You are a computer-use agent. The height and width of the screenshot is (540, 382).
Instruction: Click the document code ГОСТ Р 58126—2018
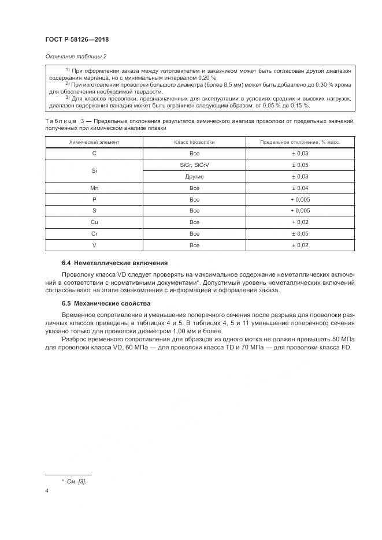click(x=77, y=39)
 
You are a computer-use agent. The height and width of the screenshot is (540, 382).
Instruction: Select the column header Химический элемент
click(x=94, y=141)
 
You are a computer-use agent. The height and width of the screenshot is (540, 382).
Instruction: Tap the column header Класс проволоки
click(x=194, y=141)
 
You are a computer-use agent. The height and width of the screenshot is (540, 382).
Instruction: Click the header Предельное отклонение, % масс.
click(x=300, y=141)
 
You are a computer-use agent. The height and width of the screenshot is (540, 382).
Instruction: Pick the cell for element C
click(x=94, y=153)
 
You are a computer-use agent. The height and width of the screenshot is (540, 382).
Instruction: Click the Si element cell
click(x=94, y=170)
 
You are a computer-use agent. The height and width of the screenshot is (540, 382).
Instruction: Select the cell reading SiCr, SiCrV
click(x=194, y=165)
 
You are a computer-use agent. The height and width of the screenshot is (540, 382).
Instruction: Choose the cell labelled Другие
click(x=194, y=176)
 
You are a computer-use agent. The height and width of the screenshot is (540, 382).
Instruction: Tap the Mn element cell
click(x=94, y=188)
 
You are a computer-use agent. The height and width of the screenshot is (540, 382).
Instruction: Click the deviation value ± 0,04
click(x=300, y=188)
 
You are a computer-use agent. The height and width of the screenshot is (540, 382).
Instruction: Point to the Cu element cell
click(x=94, y=222)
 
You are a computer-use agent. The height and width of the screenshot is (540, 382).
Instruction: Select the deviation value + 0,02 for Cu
click(x=300, y=222)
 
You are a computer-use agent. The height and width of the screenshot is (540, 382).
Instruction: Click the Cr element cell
click(x=94, y=234)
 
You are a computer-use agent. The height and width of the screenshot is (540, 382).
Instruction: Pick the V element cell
click(x=94, y=245)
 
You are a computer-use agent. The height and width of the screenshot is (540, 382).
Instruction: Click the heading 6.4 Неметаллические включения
click(x=115, y=262)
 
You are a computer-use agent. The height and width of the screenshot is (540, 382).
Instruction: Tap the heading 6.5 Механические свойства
click(x=106, y=303)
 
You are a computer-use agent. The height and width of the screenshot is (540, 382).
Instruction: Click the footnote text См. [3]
click(x=76, y=481)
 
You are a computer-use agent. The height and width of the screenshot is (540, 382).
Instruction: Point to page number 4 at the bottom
click(x=47, y=490)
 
